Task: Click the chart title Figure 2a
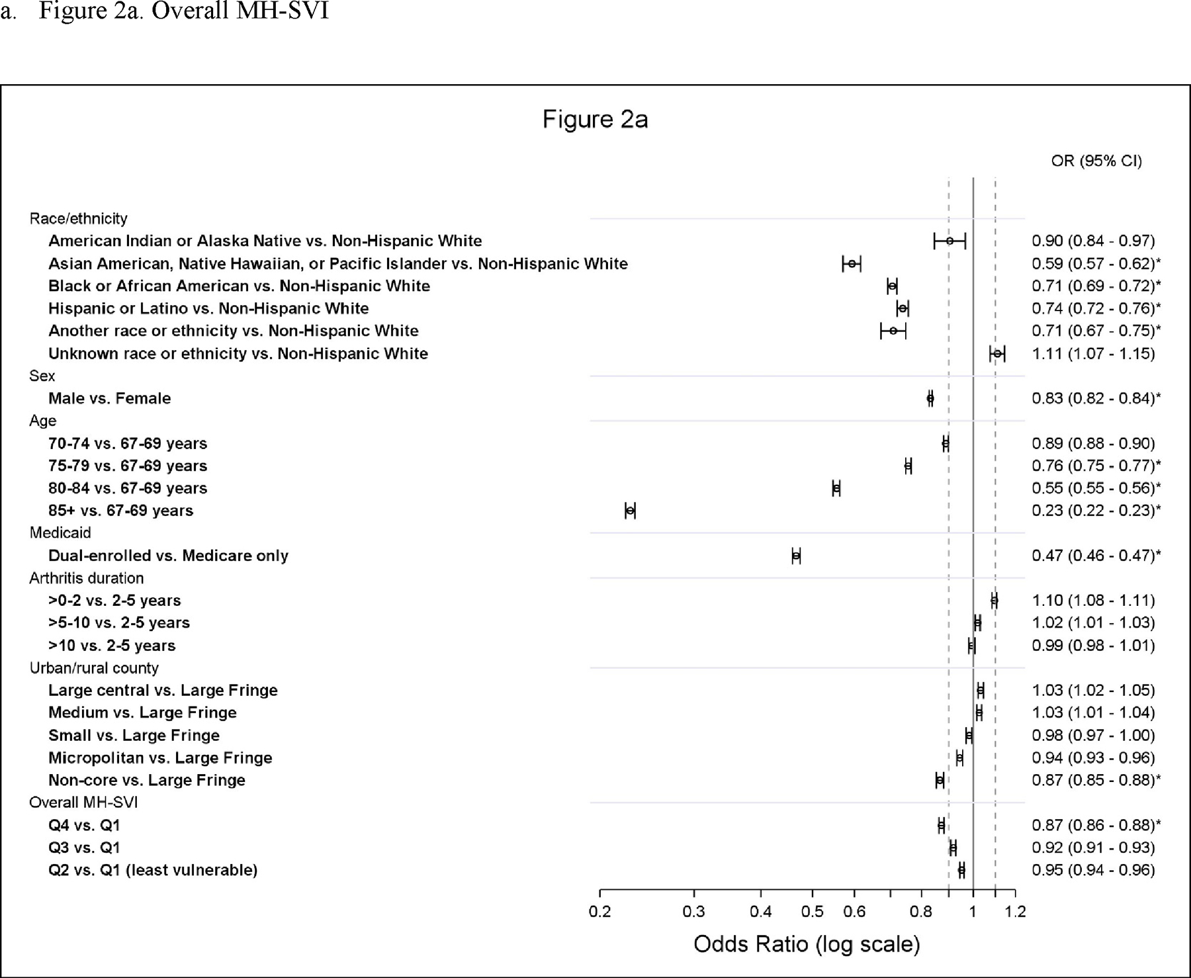click(x=595, y=119)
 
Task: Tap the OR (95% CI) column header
click(x=1096, y=161)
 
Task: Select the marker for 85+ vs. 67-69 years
click(x=630, y=511)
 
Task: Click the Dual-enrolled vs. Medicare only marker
click(x=796, y=556)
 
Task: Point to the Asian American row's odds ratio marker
click(x=852, y=264)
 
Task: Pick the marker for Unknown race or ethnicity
click(x=997, y=354)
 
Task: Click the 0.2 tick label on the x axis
click(x=599, y=912)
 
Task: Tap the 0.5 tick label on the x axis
click(x=813, y=912)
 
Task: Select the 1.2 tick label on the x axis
click(x=1015, y=912)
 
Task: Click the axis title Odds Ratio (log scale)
click(x=807, y=944)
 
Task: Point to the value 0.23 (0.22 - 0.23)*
click(x=1096, y=511)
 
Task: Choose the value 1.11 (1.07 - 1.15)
click(x=1093, y=354)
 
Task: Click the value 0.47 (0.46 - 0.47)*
click(x=1096, y=556)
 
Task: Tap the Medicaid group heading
click(x=60, y=533)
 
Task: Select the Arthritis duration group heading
click(x=86, y=578)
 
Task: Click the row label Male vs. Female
click(x=109, y=399)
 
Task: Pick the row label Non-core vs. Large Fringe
click(x=146, y=780)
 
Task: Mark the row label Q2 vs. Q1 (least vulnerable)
click(x=153, y=870)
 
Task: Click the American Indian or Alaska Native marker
click(x=949, y=241)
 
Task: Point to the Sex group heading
click(x=42, y=376)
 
